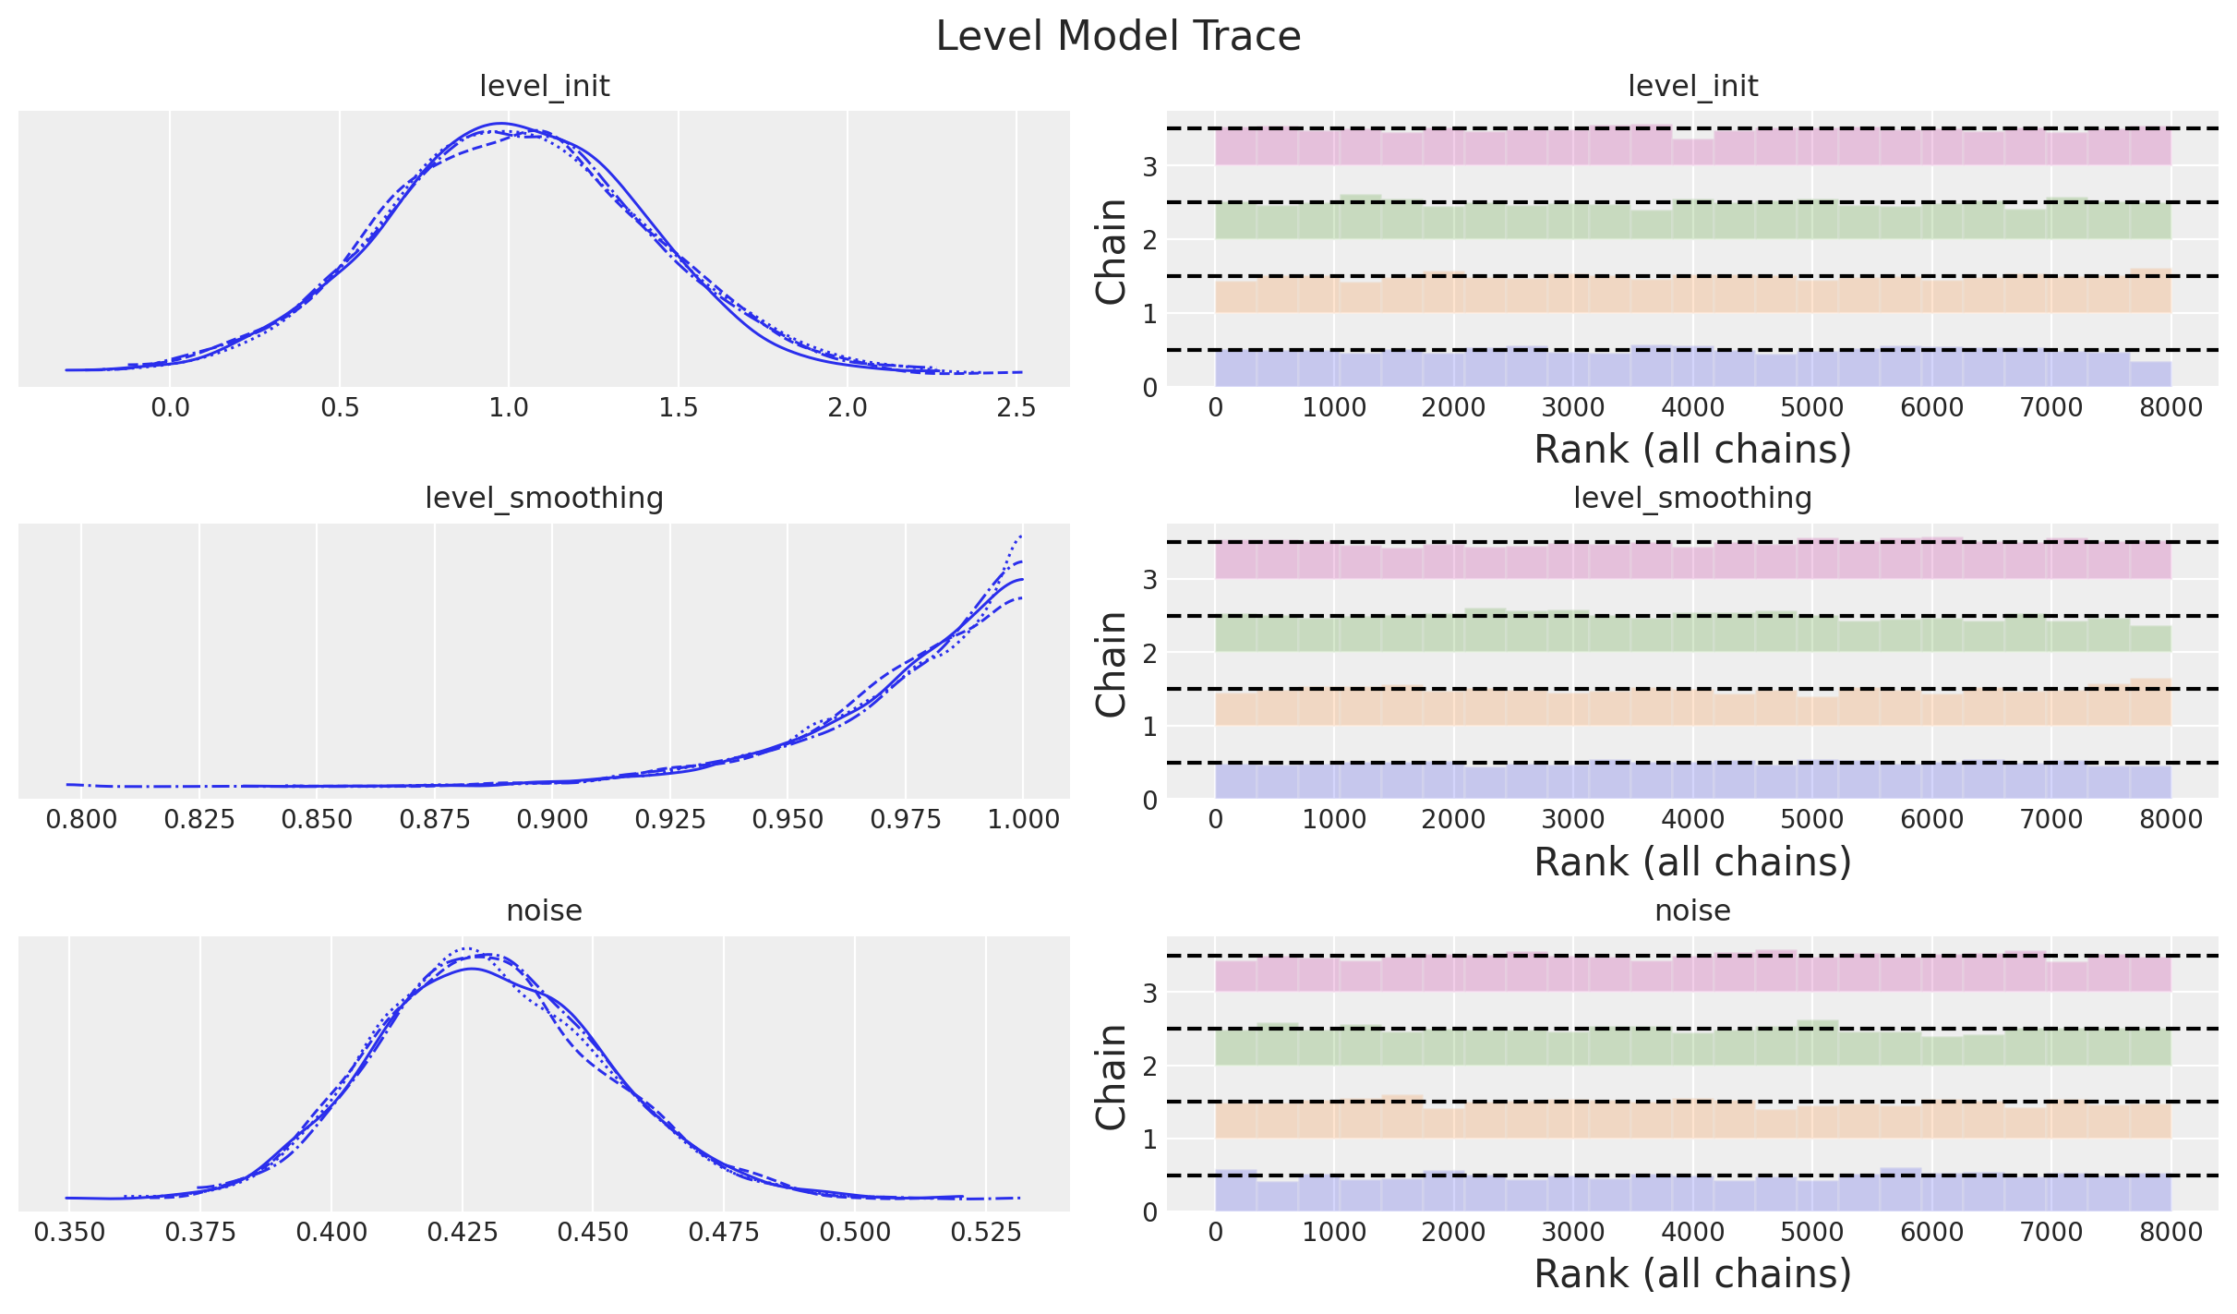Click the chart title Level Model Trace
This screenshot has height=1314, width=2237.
pyautogui.click(x=1118, y=37)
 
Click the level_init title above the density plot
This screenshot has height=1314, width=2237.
pyautogui.click(x=544, y=87)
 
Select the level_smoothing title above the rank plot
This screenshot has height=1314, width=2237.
pyautogui.click(x=1692, y=499)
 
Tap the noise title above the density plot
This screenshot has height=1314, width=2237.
pyautogui.click(x=544, y=911)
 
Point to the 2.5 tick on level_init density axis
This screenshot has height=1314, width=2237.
pyautogui.click(x=1016, y=408)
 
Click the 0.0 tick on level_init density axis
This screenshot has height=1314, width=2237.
pyautogui.click(x=170, y=408)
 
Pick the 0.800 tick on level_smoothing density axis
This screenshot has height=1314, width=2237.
pyautogui.click(x=81, y=820)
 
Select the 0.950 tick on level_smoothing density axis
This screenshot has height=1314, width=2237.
pyautogui.click(x=788, y=820)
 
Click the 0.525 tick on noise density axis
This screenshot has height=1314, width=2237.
pyautogui.click(x=986, y=1233)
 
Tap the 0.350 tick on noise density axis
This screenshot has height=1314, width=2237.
pyautogui.click(x=69, y=1233)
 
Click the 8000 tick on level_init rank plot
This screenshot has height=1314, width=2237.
pyautogui.click(x=2171, y=408)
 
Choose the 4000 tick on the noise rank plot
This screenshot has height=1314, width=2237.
pyautogui.click(x=1692, y=1233)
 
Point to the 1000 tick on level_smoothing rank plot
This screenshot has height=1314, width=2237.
pyautogui.click(x=1334, y=820)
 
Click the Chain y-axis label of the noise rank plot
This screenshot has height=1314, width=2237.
pyautogui.click(x=1112, y=1076)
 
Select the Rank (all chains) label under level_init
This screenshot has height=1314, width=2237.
pyautogui.click(x=1692, y=450)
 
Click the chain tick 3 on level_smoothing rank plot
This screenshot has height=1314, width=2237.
pyautogui.click(x=1149, y=580)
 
